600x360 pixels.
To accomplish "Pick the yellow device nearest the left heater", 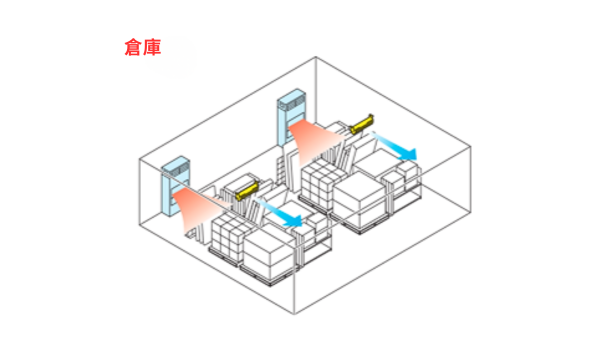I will (243, 188).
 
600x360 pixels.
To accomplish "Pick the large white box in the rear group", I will (366, 189).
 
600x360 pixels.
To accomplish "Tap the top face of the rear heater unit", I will (292, 97).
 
